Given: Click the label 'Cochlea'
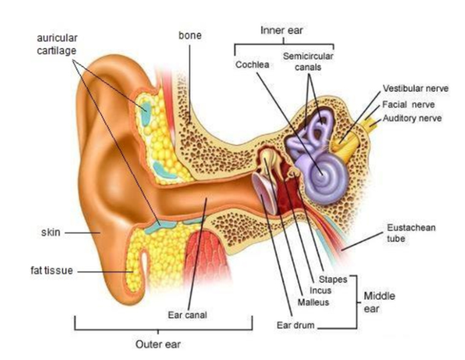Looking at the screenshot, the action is [251, 64].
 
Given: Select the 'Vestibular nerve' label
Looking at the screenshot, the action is [415, 88].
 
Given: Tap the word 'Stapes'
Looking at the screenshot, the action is [333, 279].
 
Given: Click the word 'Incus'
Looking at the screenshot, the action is [321, 290].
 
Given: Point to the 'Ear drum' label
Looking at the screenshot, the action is [295, 325].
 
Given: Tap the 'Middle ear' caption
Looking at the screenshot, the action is [379, 302].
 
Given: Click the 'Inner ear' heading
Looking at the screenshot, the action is [280, 31].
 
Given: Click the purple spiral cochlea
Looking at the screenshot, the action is [324, 171].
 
